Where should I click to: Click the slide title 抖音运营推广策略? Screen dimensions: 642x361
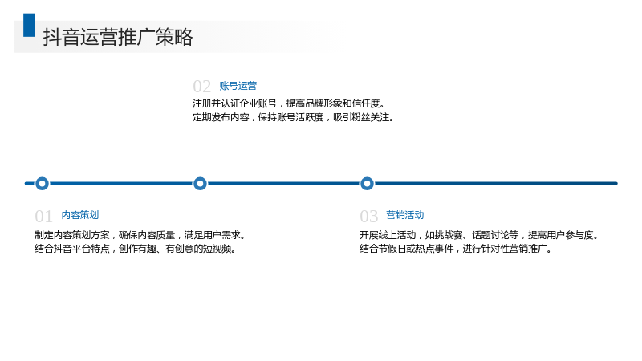(118, 37)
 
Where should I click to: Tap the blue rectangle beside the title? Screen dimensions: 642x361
(29, 25)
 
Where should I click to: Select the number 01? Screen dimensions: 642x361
(43, 216)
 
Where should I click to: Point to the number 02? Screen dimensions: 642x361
(202, 87)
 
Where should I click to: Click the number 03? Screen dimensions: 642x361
(368, 216)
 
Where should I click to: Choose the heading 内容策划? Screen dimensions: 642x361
(80, 215)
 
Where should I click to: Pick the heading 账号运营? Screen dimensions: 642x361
(238, 86)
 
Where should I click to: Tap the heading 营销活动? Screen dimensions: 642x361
(405, 215)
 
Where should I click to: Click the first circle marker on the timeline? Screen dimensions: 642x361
(43, 184)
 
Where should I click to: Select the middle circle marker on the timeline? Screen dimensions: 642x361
(200, 184)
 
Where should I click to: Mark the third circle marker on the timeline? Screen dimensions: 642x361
(368, 184)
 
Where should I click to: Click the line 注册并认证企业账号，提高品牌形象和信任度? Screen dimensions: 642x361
(289, 103)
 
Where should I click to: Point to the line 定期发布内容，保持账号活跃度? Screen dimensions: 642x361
(258, 117)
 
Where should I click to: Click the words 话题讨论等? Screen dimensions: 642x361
(495, 235)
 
